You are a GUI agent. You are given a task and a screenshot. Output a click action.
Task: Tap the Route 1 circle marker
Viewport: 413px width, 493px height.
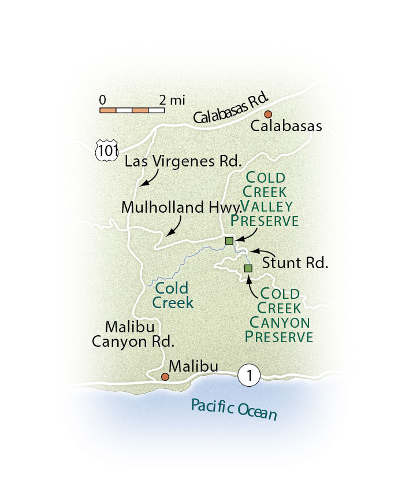(249, 376)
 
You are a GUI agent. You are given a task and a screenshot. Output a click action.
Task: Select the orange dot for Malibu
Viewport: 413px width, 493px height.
(165, 377)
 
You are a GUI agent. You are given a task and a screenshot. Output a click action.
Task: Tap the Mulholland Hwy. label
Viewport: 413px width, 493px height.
(180, 208)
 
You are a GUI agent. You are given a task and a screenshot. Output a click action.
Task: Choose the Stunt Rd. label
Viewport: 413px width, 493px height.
(295, 264)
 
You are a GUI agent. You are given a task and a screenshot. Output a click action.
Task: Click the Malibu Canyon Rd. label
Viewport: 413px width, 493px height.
(133, 333)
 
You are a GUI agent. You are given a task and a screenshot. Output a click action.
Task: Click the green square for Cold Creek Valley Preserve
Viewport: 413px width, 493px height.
(229, 240)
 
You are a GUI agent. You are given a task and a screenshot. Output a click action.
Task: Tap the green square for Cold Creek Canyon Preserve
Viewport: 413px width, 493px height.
(248, 268)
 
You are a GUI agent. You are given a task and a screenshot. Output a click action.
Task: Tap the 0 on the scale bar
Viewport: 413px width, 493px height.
(102, 99)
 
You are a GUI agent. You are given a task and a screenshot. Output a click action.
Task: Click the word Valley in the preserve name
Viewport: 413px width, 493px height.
(267, 207)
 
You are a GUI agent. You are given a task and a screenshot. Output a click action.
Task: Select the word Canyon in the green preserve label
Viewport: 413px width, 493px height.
(280, 323)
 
